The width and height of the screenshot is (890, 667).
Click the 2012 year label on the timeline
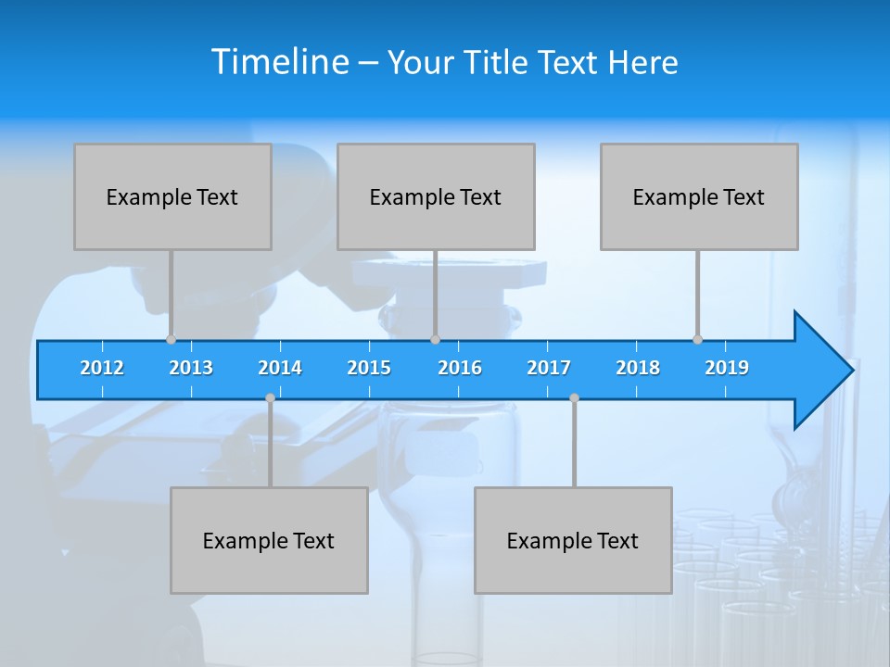102,368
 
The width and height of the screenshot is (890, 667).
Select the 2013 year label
191,368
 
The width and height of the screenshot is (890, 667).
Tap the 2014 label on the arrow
280,368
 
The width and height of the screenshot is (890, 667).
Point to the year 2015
369,368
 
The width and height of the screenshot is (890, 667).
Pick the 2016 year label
460,368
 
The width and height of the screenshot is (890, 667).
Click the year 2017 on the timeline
549,368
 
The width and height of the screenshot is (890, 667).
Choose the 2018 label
638,368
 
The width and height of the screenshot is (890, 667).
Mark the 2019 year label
727,368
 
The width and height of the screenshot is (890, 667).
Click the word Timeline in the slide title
279,62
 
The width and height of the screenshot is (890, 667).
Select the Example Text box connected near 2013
172,196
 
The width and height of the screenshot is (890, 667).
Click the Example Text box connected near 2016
436,196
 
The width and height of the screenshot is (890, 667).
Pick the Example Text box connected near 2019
699,196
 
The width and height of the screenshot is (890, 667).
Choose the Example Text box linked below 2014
269,540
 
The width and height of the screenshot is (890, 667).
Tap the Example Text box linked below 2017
573,540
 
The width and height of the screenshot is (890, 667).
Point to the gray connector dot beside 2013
171,340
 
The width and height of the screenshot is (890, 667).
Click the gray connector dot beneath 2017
574,397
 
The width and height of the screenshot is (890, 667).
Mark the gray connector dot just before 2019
697,340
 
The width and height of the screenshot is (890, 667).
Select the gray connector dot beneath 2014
270,397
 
